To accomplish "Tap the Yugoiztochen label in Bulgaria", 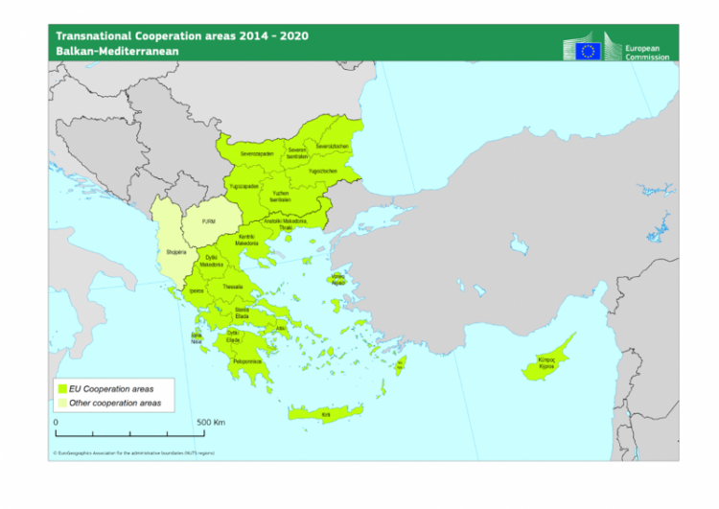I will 322,171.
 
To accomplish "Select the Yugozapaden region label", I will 244,186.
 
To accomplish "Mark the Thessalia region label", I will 233,287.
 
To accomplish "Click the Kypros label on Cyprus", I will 545,364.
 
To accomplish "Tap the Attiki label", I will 281,329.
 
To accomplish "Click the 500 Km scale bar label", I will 210,422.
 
